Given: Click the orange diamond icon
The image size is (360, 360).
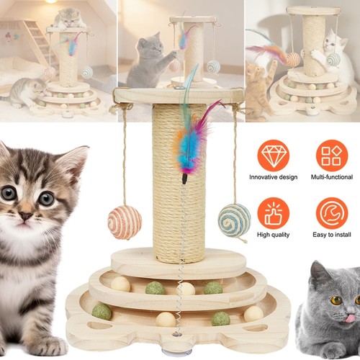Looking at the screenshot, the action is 274,156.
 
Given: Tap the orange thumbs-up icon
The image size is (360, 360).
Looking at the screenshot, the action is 274,213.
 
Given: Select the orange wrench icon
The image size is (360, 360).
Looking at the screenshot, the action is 332,213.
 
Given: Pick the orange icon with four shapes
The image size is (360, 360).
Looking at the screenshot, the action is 332,156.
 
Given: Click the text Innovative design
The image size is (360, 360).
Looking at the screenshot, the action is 274,177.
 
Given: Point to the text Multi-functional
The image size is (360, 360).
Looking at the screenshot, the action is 332,177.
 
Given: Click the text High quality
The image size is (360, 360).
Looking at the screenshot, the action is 274,235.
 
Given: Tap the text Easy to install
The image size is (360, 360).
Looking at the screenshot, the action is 332,235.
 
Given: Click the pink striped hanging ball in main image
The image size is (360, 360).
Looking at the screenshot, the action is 125,222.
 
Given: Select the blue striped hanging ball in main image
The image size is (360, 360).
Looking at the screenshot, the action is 234,220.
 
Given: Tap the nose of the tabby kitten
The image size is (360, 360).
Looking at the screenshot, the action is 25,216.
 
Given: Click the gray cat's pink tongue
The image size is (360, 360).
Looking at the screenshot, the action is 351,318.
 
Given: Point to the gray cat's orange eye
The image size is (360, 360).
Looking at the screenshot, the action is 336,300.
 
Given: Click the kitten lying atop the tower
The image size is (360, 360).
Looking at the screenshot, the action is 69,19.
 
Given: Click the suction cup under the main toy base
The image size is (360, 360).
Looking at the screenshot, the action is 174,351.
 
